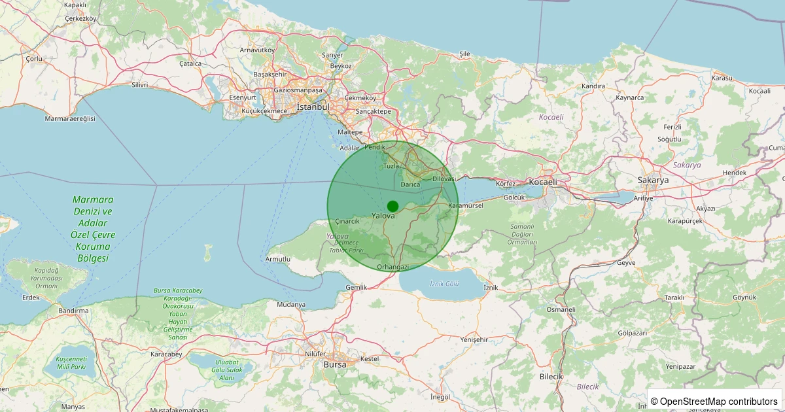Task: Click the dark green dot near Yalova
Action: [392, 206]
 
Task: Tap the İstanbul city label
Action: [313, 107]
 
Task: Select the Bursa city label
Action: [335, 364]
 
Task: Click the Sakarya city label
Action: [653, 180]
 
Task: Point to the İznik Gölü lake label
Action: [445, 283]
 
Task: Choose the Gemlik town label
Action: [356, 288]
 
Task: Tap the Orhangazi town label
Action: [393, 267]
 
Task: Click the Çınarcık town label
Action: [347, 221]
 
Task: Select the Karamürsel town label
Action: [465, 205]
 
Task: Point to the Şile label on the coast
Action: [464, 54]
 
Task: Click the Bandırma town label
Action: [73, 311]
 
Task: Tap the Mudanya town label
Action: [291, 305]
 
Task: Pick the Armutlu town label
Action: [278, 260]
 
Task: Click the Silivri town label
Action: [140, 85]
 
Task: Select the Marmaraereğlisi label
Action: [70, 118]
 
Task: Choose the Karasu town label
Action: [722, 78]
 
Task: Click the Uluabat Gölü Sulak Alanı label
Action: [226, 369]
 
